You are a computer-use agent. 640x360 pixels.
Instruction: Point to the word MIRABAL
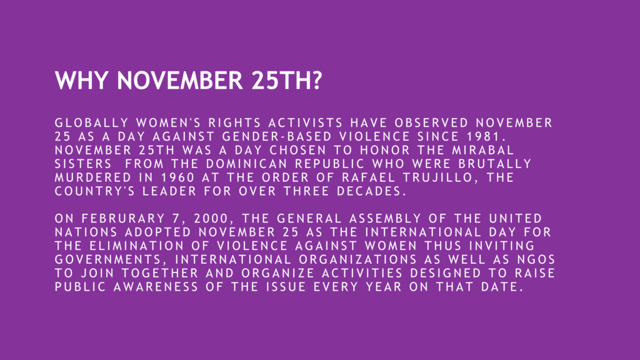click(x=483, y=150)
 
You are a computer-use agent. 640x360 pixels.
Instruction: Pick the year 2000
click(x=211, y=218)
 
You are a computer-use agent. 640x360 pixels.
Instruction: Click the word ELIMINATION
click(x=137, y=246)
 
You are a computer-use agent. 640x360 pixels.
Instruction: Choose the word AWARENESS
click(x=156, y=287)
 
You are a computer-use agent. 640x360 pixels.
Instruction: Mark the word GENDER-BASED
click(x=277, y=136)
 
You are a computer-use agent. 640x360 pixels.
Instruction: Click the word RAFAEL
click(x=369, y=177)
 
